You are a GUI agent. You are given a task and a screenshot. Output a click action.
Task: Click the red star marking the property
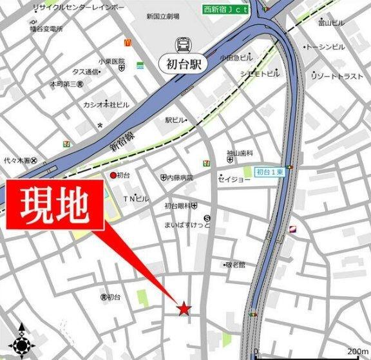pyautogui.click(x=184, y=309)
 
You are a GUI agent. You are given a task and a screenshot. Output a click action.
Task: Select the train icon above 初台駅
pyautogui.click(x=182, y=44)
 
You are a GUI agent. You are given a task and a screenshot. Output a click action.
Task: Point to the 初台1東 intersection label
pyautogui.click(x=270, y=172)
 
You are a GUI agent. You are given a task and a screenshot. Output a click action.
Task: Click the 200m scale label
pyautogui.click(x=357, y=352)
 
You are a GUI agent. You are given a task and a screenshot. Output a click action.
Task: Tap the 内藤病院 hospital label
pyautogui.click(x=176, y=177)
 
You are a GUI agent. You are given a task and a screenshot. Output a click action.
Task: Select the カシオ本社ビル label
pyautogui.click(x=106, y=104)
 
